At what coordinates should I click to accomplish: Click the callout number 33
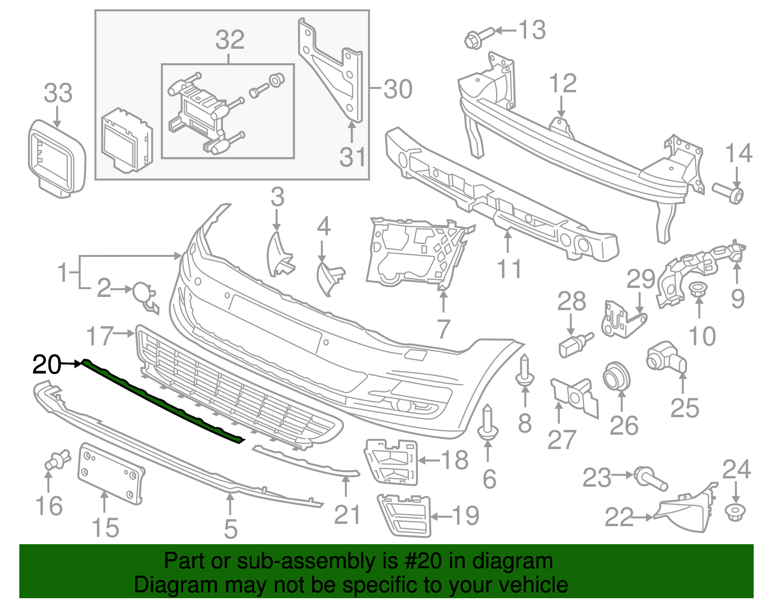tap(58, 93)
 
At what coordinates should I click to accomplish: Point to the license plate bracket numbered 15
tap(111, 473)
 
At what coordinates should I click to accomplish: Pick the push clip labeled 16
tap(57, 461)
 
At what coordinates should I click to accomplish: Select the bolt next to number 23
tap(650, 477)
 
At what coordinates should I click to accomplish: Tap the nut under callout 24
tap(735, 512)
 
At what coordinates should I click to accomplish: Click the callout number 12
tap(563, 84)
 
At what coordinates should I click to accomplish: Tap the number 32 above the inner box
tap(230, 40)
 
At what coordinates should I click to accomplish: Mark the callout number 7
tap(444, 329)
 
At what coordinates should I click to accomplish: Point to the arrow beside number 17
tap(125, 333)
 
